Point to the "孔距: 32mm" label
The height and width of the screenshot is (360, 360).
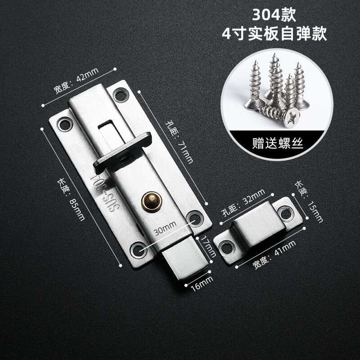pyautogui.click(x=242, y=203)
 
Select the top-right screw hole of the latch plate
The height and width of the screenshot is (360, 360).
pyautogui.click(x=120, y=94)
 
